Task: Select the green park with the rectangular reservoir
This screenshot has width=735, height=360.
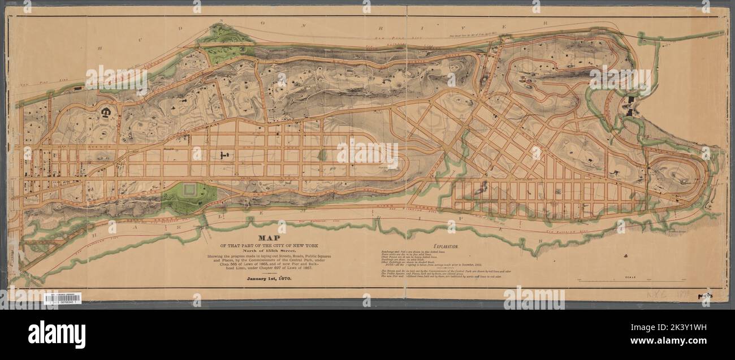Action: (x=189, y=197)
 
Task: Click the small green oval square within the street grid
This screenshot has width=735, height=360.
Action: (x=322, y=154)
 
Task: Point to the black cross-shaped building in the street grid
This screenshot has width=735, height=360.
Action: (x=224, y=154)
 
